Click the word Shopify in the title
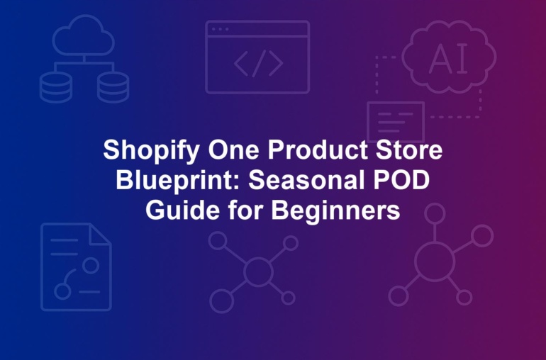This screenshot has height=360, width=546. click(152, 151)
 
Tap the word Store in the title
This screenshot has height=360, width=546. click(409, 150)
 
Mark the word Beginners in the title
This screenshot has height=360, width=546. click(335, 211)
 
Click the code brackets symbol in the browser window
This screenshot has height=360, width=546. click(258, 63)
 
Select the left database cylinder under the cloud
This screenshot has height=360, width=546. click(56, 87)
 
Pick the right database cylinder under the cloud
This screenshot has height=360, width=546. click(113, 87)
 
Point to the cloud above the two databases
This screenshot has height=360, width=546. click(84, 35)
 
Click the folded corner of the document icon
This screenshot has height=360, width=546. click(100, 235)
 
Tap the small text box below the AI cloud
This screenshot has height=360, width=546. click(396, 122)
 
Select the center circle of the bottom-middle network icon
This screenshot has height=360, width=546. click(258, 271)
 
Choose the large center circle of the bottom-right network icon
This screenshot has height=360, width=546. click(435, 261)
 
